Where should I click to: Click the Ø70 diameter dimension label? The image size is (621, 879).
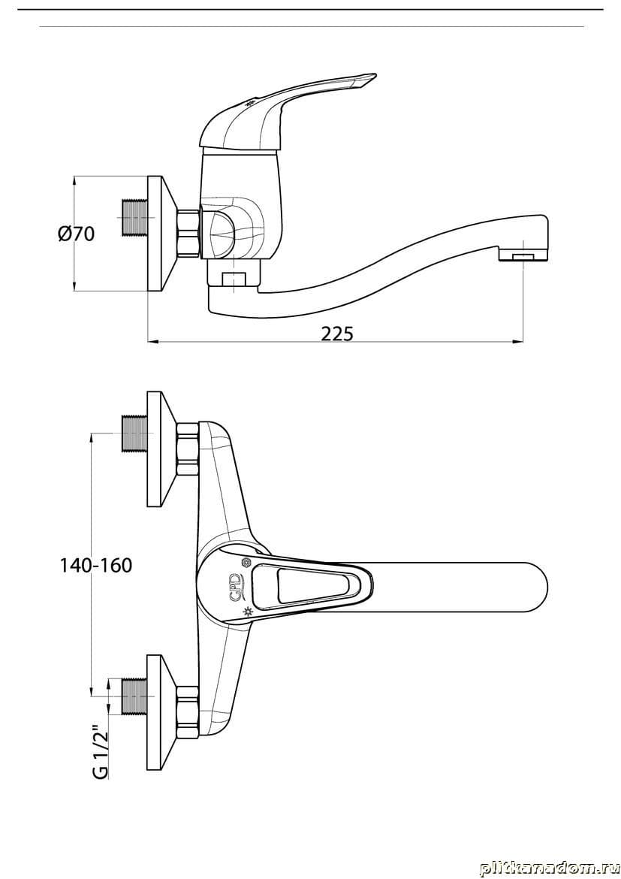point(76,233)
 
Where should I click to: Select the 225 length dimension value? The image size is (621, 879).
point(337,334)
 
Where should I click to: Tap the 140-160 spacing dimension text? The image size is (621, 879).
point(96,565)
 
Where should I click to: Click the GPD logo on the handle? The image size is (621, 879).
point(235,585)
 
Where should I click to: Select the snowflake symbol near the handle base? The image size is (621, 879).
point(245,562)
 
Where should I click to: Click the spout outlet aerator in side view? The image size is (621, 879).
point(523,256)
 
